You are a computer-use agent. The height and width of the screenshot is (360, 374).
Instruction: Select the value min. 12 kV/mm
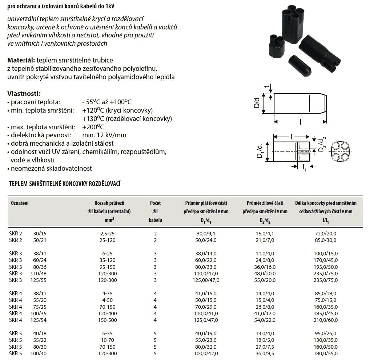pyautogui.click(x=104, y=135)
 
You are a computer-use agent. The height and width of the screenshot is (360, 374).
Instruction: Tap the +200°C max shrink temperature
pyautogui.click(x=93, y=127)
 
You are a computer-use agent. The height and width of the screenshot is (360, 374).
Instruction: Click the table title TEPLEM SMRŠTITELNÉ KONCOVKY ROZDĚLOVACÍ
pyautogui.click(x=65, y=184)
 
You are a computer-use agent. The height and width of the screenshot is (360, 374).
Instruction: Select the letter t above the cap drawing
pyautogui.click(x=267, y=87)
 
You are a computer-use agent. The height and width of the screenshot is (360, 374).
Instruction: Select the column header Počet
pyautogui.click(x=155, y=203)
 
